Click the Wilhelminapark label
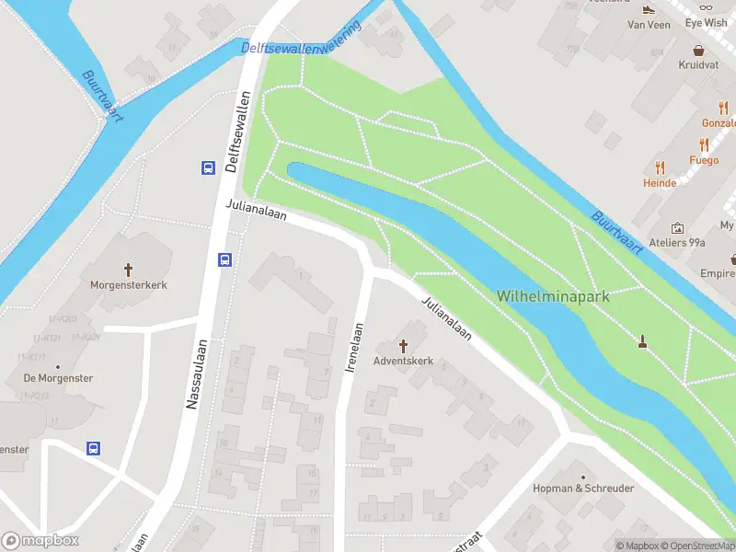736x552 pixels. tap(552, 296)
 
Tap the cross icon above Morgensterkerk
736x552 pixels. tap(128, 270)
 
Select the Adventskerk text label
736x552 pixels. tap(403, 361)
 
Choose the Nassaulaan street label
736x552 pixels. tap(193, 372)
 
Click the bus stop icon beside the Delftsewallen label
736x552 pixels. tap(209, 167)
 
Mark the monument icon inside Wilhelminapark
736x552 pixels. tap(642, 342)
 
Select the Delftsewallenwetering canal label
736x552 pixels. tap(301, 40)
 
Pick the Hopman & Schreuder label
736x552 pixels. tap(583, 489)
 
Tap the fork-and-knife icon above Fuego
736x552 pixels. tap(704, 144)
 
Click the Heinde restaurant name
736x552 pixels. tap(660, 183)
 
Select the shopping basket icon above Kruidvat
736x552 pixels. tap(699, 51)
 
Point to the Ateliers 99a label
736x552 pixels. tap(677, 243)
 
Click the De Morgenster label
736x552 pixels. tap(59, 378)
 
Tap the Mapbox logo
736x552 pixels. tap(40, 541)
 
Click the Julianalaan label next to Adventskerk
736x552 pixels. tap(446, 319)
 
